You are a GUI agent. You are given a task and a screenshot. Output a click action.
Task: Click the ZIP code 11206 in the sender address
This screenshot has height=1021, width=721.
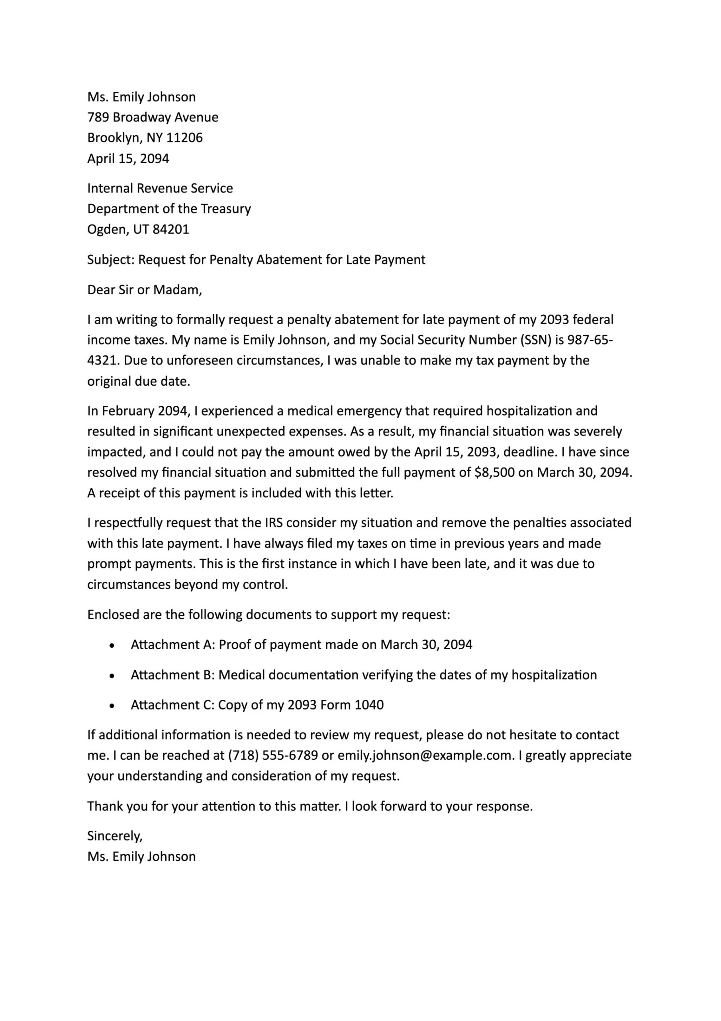point(184,138)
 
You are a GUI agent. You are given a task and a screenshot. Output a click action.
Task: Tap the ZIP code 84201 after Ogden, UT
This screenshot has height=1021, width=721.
point(170,229)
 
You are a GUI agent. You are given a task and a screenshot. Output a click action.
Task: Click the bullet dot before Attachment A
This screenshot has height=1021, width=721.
point(112,645)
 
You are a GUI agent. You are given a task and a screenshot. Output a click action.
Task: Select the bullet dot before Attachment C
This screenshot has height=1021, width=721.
point(112,706)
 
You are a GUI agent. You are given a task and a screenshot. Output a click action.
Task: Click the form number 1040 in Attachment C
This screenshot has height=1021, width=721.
point(369,705)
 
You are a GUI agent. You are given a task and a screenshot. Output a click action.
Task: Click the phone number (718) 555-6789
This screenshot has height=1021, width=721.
point(273,755)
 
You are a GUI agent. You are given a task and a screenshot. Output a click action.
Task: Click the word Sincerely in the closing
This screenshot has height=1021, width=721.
point(114,836)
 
